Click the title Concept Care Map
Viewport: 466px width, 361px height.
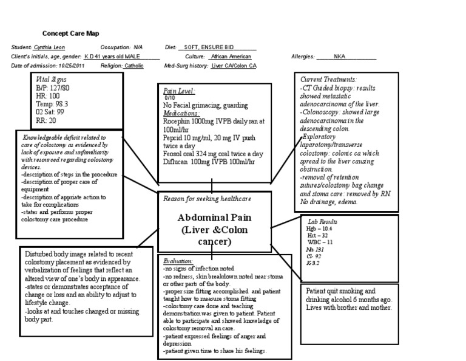[x=70, y=33]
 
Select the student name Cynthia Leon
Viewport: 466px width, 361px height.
[x=49, y=47]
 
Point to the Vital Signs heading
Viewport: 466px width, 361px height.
[x=52, y=79]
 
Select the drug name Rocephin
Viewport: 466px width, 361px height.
[x=177, y=122]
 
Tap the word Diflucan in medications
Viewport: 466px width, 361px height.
[x=175, y=162]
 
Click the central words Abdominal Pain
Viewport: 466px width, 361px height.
[x=215, y=218]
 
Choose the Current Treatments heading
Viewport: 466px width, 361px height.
[x=328, y=80]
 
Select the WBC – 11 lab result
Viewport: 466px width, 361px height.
[x=321, y=241]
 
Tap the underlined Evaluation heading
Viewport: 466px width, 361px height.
[x=178, y=260]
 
